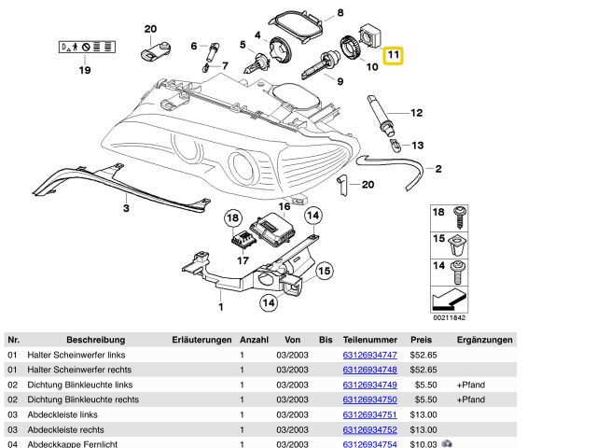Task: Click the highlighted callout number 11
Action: (394, 56)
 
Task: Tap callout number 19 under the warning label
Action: (85, 70)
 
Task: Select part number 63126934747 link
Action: (370, 355)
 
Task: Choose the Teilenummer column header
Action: (370, 340)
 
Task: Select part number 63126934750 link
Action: (370, 399)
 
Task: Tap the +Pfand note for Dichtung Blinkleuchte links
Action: (471, 385)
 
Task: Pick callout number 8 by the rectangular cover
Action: (340, 13)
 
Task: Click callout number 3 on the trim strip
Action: (126, 209)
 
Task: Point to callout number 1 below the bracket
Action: (221, 306)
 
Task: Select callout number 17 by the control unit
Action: (242, 260)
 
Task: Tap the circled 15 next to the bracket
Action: (324, 271)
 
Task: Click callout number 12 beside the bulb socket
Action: (417, 113)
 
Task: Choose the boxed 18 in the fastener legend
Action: (438, 214)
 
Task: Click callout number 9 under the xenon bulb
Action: (340, 82)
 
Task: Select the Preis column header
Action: (421, 340)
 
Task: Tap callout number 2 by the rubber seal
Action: (437, 168)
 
